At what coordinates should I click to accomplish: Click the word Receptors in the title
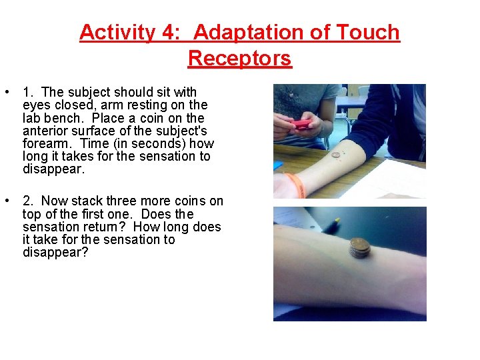pos(240,58)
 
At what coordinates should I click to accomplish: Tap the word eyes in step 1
pos(35,105)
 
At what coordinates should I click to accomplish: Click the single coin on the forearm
pos(336,155)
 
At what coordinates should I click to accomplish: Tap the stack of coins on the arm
pos(359,248)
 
